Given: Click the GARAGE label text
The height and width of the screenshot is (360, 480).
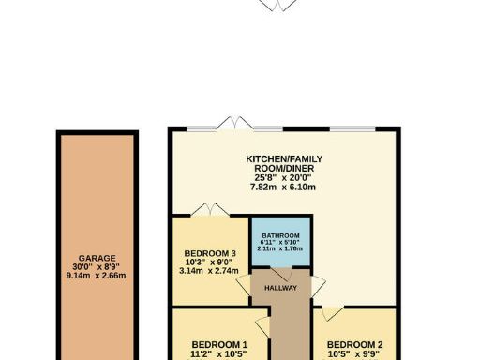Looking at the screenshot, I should click(97, 258).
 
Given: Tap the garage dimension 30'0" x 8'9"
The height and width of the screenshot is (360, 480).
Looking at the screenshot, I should click(97, 266).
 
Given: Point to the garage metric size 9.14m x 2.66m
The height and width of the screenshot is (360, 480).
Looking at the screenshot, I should click(97, 276).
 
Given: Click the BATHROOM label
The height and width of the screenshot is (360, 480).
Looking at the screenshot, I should click(280, 235).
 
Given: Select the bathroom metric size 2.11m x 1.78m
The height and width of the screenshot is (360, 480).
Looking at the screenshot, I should click(280, 248).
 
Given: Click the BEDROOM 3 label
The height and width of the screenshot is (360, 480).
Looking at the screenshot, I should click(210, 253).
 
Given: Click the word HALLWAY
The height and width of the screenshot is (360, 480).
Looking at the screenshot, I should click(280, 288).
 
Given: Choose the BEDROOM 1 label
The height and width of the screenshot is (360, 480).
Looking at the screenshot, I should click(219, 344).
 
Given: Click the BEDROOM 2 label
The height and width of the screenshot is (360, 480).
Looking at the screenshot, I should click(355, 344).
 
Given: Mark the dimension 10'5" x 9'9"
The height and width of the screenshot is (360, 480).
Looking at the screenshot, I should click(355, 354).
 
